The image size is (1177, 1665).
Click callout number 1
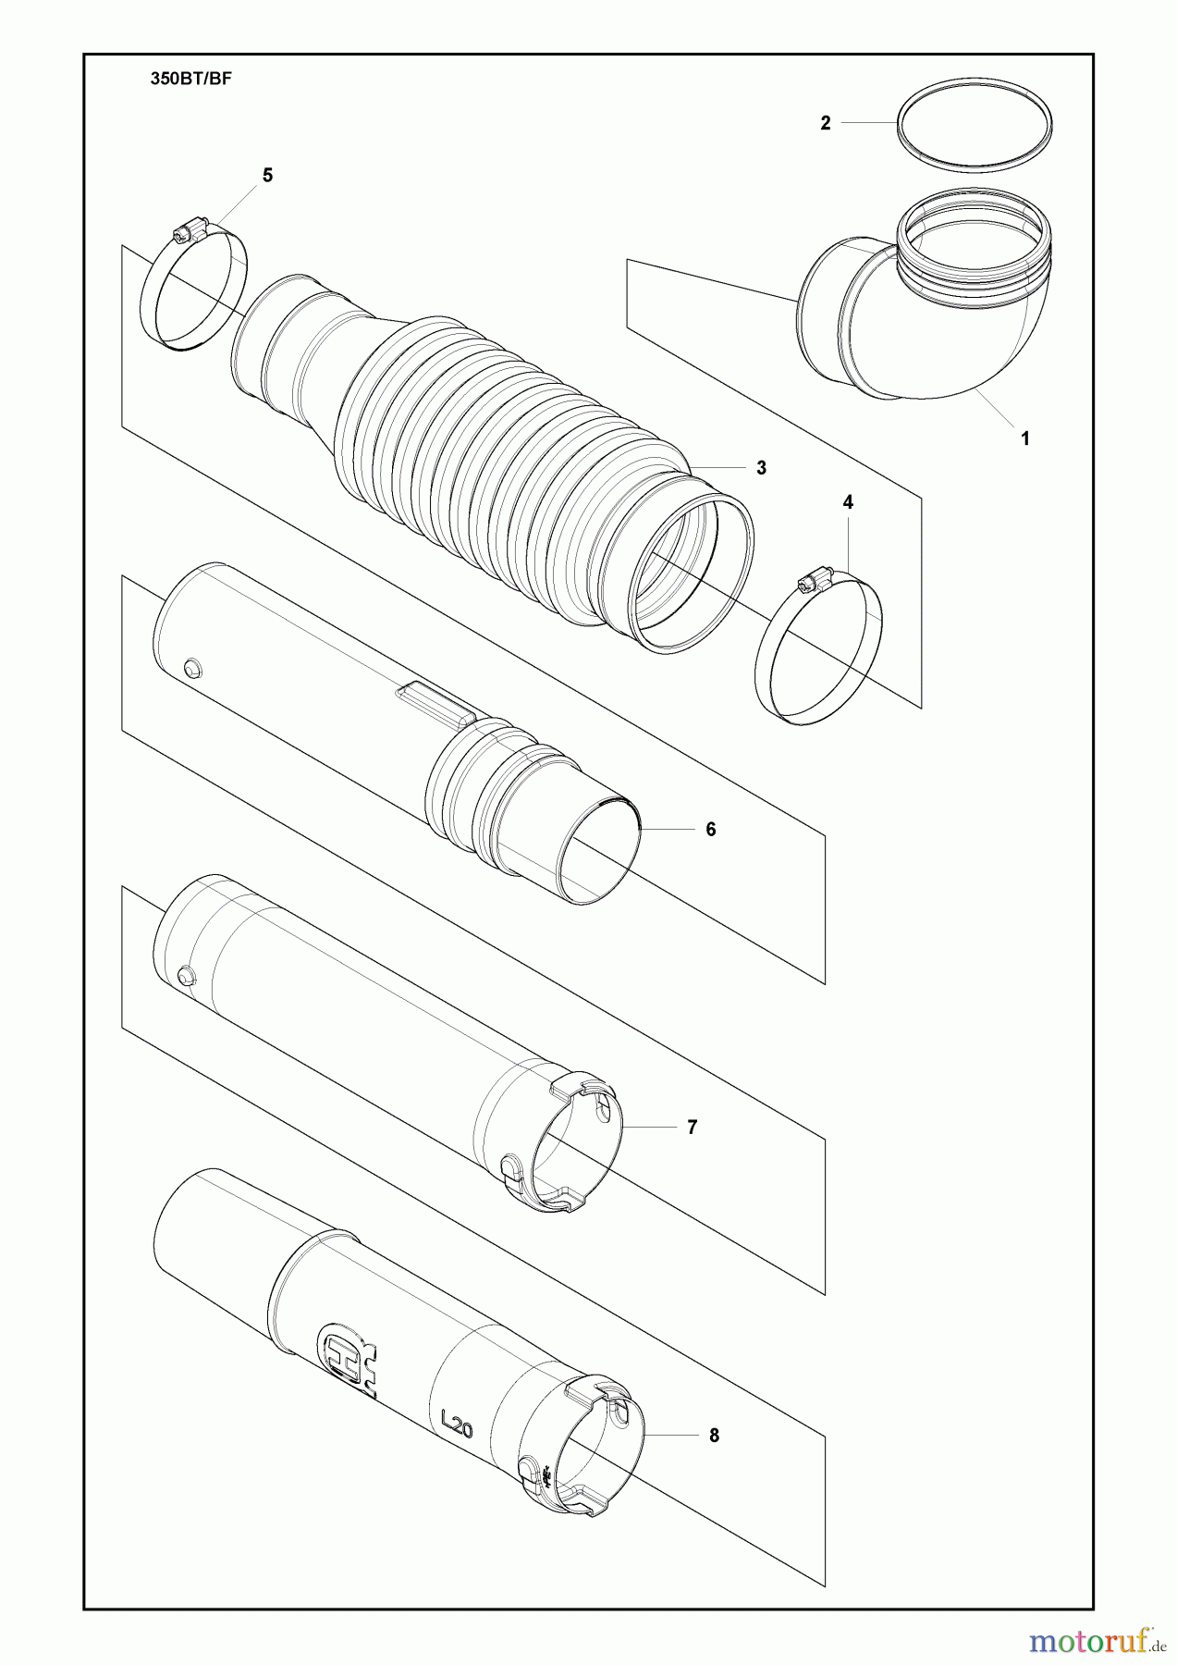click(x=1025, y=438)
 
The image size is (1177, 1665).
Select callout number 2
click(x=826, y=122)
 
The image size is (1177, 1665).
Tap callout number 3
click(x=761, y=468)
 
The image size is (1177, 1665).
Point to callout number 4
click(x=848, y=502)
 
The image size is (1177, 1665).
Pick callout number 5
click(x=268, y=175)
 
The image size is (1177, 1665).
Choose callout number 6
click(x=711, y=830)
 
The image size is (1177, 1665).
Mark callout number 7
click(x=692, y=1128)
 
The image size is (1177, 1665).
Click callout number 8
click(x=713, y=1436)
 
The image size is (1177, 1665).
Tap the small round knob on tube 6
click(x=193, y=668)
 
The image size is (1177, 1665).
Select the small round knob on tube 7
click(x=185, y=975)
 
